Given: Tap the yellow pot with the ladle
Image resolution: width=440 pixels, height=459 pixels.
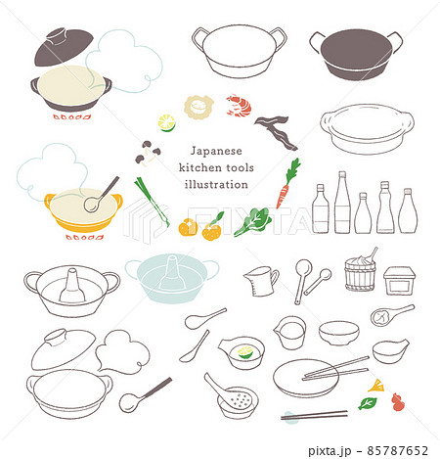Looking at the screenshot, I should pyautogui.click(x=83, y=209).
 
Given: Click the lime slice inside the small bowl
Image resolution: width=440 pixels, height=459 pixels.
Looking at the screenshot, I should pyautogui.click(x=242, y=347).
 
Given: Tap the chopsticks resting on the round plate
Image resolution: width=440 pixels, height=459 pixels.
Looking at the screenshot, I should pyautogui.click(x=334, y=369).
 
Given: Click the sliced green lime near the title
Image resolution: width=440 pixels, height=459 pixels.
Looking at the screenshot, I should pyautogui.click(x=166, y=123).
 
